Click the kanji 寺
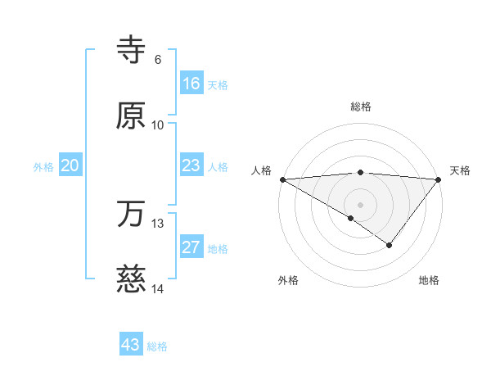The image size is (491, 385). [131, 52]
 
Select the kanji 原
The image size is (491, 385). [131, 115]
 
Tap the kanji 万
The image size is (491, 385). [131, 215]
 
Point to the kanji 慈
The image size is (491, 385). [131, 280]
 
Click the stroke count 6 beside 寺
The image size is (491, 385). [157, 60]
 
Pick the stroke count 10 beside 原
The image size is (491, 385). [158, 125]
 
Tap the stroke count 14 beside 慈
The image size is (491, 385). [158, 289]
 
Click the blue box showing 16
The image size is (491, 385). [191, 84]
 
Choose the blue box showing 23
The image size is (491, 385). [191, 165]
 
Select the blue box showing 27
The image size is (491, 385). [191, 247]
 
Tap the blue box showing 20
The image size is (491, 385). [70, 165]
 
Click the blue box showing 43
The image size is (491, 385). [131, 345]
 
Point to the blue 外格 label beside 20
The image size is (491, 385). [43, 166]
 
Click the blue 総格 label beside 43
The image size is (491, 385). [157, 346]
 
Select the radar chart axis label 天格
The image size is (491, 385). [461, 170]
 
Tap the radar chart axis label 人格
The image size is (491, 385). [261, 170]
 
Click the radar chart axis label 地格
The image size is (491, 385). [429, 280]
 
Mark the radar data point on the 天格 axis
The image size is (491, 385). [439, 179]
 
